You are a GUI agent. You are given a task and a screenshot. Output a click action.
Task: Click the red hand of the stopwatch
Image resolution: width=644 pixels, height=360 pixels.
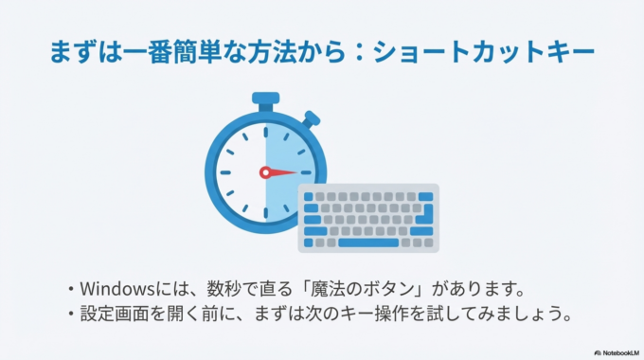279,172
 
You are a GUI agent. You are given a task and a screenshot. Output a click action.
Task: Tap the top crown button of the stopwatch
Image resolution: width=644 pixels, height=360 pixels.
265,98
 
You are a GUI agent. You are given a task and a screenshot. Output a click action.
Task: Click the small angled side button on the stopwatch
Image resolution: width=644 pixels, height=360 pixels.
312,119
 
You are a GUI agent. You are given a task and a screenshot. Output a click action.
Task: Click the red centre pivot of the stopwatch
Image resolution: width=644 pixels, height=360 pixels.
266,172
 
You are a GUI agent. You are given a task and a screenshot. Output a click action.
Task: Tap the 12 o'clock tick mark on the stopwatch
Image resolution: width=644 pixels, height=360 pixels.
266,134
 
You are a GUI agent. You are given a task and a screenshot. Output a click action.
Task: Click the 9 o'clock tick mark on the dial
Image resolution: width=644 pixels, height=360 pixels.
225,172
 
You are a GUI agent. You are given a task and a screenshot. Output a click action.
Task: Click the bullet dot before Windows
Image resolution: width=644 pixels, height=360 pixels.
71,287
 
